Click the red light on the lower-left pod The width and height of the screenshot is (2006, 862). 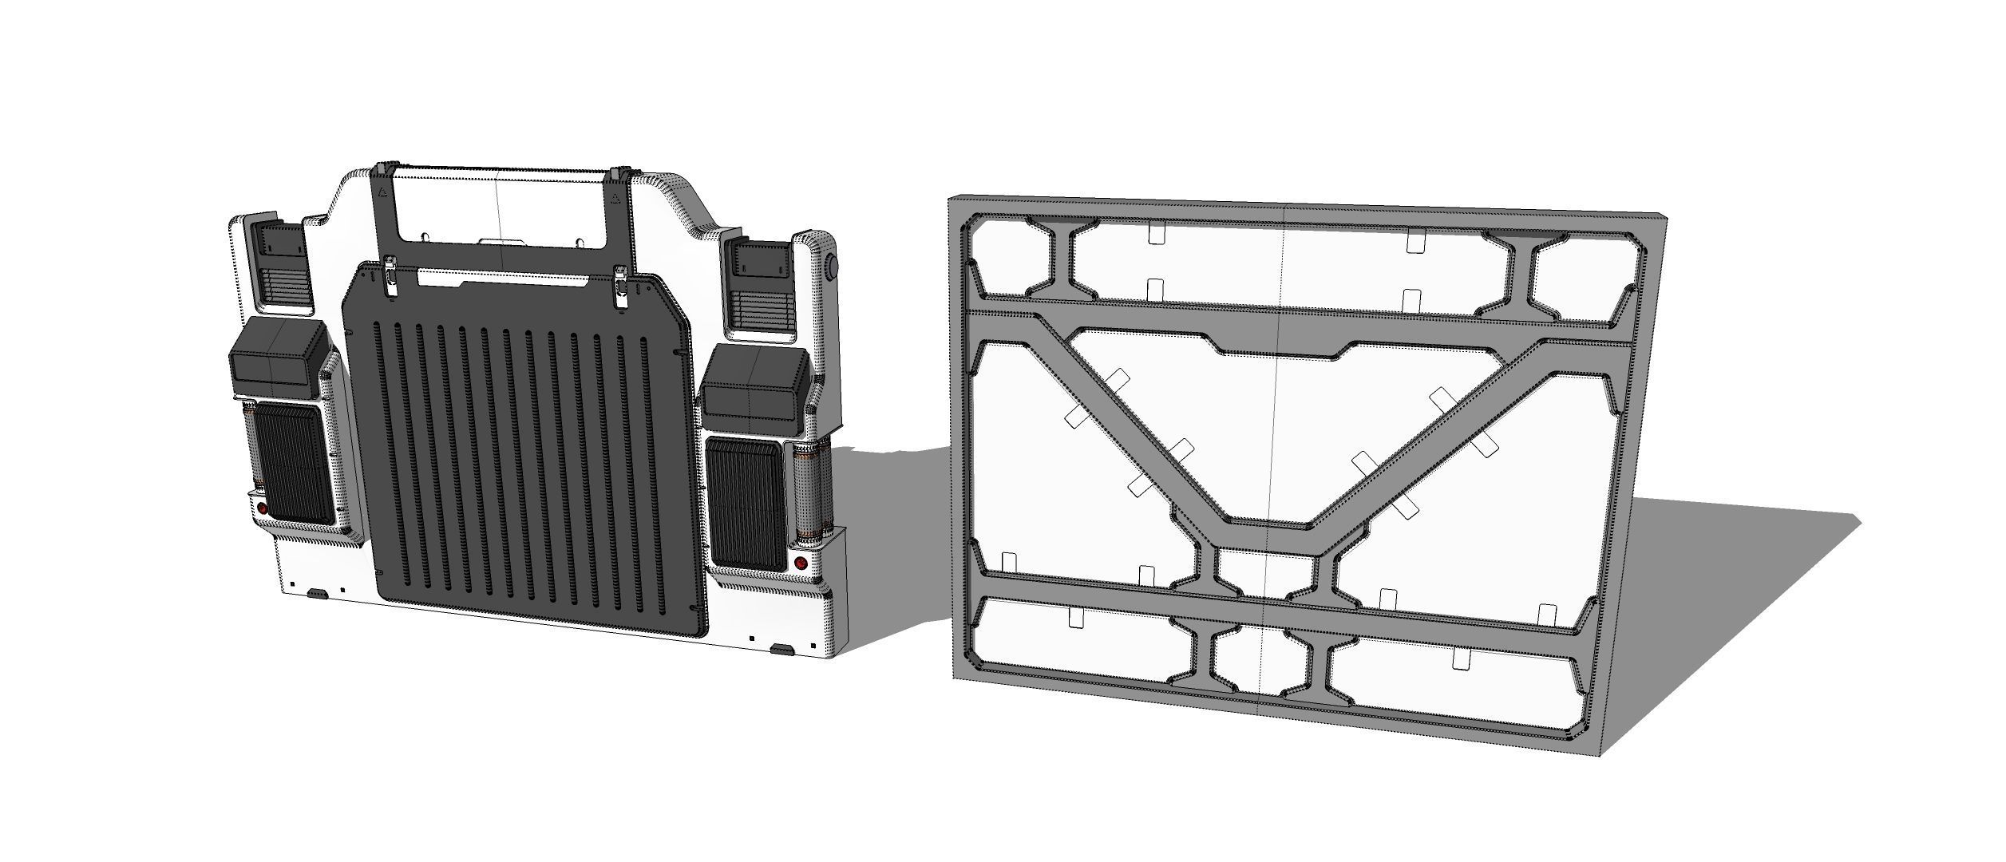(x=263, y=508)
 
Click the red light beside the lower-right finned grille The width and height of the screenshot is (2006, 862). (x=801, y=563)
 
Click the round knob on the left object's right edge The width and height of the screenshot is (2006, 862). (x=832, y=266)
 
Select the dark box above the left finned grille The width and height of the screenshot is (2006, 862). (x=276, y=358)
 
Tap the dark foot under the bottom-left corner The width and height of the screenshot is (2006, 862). (x=318, y=594)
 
